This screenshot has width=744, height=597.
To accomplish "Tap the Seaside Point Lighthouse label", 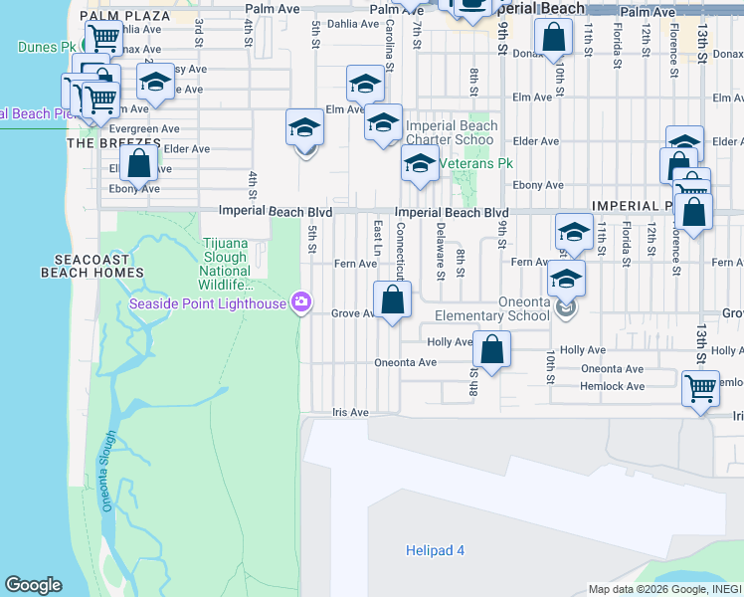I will pyautogui.click(x=208, y=302).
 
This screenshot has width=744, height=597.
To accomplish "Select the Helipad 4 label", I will pyautogui.click(x=435, y=550).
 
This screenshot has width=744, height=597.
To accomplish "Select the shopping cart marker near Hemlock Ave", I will pyautogui.click(x=700, y=387).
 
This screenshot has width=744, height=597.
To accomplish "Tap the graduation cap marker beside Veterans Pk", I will pyautogui.click(x=420, y=164).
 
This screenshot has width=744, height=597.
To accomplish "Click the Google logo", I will pyautogui.click(x=33, y=585).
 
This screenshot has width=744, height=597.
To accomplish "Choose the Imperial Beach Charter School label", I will pyautogui.click(x=451, y=132).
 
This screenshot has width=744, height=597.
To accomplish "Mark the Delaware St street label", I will pyautogui.click(x=439, y=250).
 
